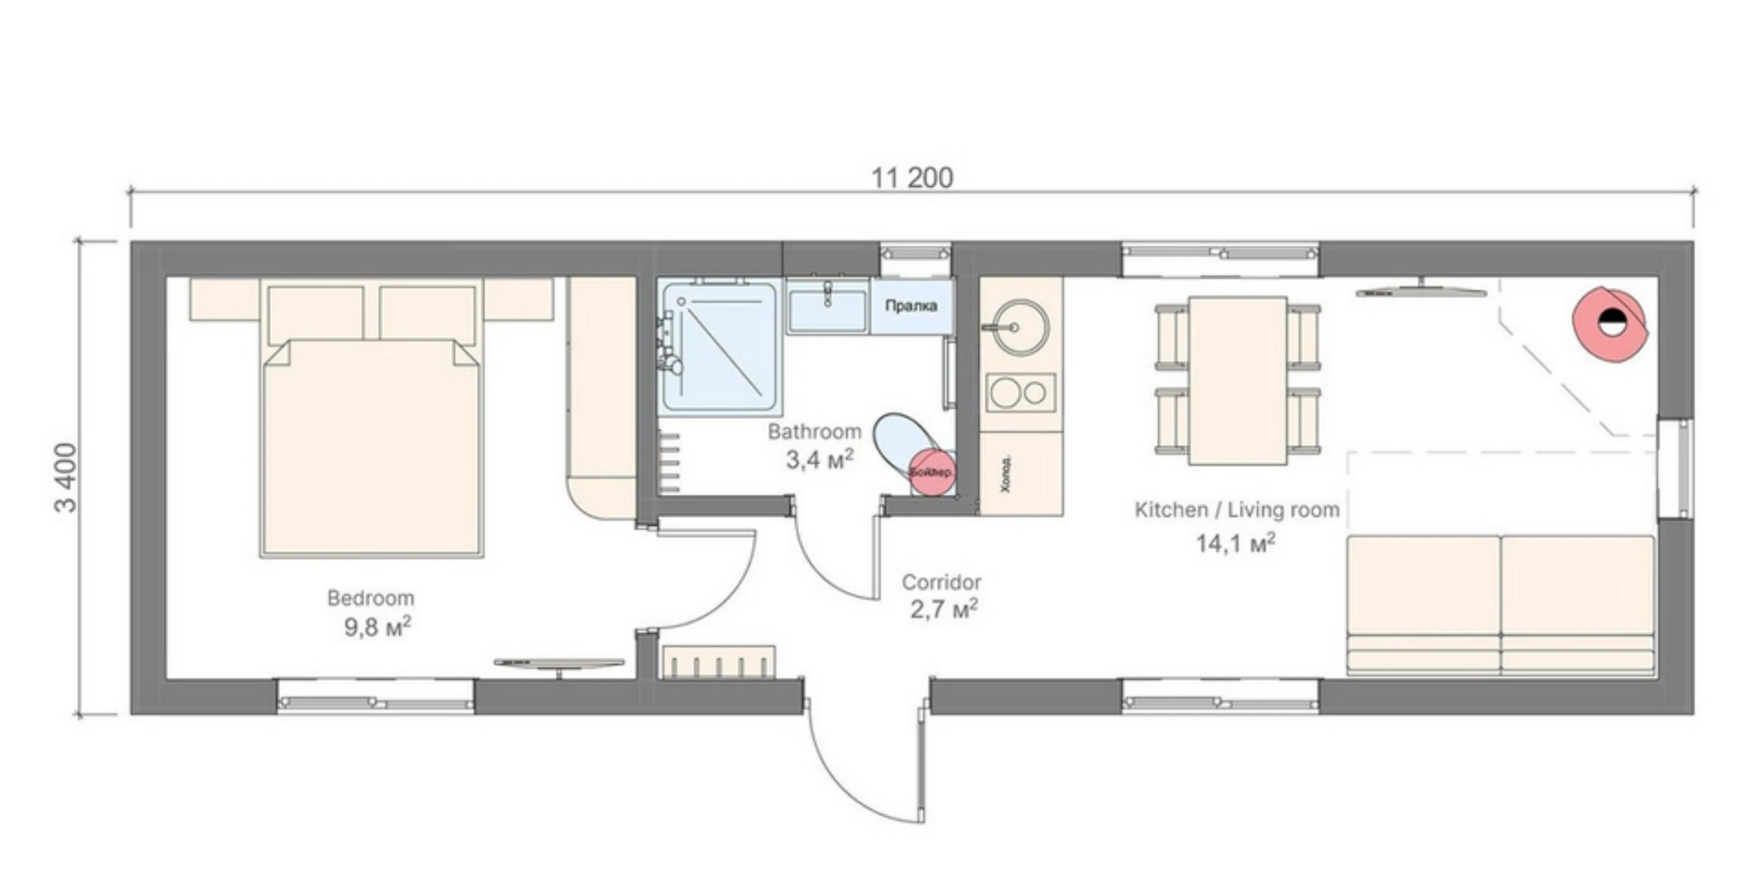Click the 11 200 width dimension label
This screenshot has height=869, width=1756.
[x=911, y=178]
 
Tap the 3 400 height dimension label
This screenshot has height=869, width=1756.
[x=65, y=477]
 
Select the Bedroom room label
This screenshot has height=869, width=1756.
[x=370, y=598]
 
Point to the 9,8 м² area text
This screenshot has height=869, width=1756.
[x=377, y=627]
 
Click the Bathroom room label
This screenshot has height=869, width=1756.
[x=814, y=431]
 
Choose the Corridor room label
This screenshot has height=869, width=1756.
[x=941, y=582]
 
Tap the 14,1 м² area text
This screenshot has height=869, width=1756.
[x=1235, y=543]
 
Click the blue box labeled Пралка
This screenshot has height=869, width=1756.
[x=911, y=306]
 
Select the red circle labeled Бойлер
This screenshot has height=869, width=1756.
[x=931, y=472]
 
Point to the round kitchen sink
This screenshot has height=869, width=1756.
[x=1020, y=327]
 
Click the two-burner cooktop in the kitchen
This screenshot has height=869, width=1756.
[x=1020, y=393]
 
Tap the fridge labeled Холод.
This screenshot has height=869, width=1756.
[x=1020, y=474]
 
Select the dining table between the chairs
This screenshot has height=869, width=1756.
[x=1237, y=380]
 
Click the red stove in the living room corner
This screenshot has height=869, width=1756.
[x=1610, y=323]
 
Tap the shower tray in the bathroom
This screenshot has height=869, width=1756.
[x=720, y=347]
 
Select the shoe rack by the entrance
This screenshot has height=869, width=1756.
[x=718, y=662]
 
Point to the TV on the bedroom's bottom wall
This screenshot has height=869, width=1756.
[x=559, y=664]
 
